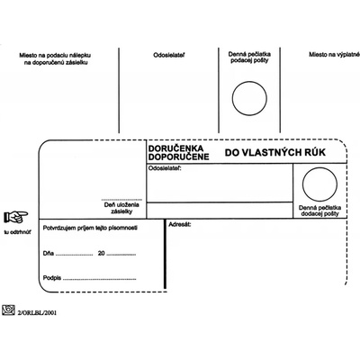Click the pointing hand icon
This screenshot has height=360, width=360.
[15, 217]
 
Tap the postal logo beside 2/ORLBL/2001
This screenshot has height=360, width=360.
[8, 310]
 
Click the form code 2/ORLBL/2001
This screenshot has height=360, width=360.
[38, 313]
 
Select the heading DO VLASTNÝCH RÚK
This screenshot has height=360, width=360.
[275, 152]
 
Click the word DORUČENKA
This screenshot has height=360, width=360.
[175, 148]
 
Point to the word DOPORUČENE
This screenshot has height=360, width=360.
[179, 157]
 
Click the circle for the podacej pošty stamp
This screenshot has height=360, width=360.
[249, 98]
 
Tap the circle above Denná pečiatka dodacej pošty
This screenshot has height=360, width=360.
[319, 184]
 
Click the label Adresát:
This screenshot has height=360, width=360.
[180, 224]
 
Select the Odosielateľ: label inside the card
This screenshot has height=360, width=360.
[165, 168]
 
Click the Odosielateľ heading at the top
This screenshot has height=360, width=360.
[169, 55]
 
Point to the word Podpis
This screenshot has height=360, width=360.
[52, 278]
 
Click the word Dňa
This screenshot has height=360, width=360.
[49, 254]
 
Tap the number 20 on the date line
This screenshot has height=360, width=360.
[101, 254]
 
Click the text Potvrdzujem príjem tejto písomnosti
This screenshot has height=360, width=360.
[90, 228]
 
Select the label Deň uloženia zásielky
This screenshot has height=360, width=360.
[121, 208]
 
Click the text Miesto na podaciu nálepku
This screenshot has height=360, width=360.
[55, 56]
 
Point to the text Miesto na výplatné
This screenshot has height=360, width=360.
[335, 55]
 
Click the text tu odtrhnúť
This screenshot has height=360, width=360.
[17, 232]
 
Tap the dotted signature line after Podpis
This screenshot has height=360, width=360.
[99, 280]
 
